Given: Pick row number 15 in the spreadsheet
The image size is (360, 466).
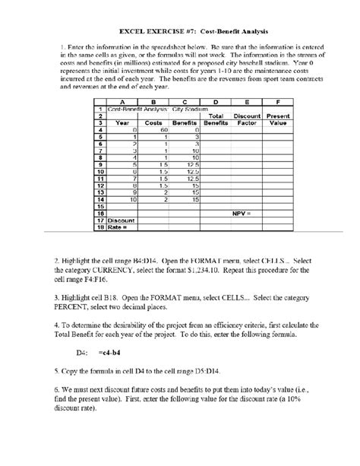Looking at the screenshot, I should pos(99,207).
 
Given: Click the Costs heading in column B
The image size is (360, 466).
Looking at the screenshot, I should pos(154,122).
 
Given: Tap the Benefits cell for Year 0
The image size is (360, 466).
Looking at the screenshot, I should pos(195,130).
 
